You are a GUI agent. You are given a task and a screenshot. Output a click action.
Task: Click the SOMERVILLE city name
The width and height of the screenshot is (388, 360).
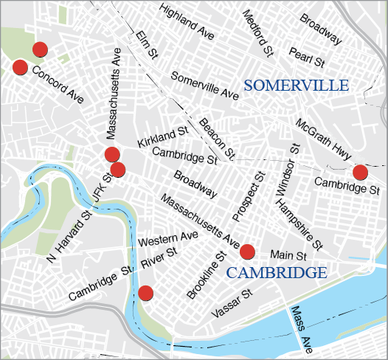coord(296,86)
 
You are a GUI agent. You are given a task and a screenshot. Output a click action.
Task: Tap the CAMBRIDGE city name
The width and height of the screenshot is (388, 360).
coord(277,273)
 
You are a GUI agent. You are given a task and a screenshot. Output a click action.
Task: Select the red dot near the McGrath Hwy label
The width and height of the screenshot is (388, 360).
coord(360,173)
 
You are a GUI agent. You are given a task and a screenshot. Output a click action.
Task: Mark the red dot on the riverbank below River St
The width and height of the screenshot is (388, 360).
coord(145,293)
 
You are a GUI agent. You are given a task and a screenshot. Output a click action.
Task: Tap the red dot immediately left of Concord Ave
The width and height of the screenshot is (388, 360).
coord(21,67)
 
